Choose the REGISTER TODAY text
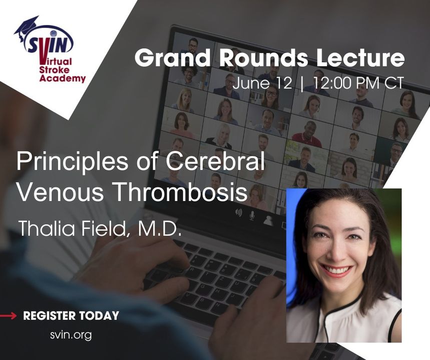point(71,316)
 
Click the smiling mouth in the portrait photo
point(337,270)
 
